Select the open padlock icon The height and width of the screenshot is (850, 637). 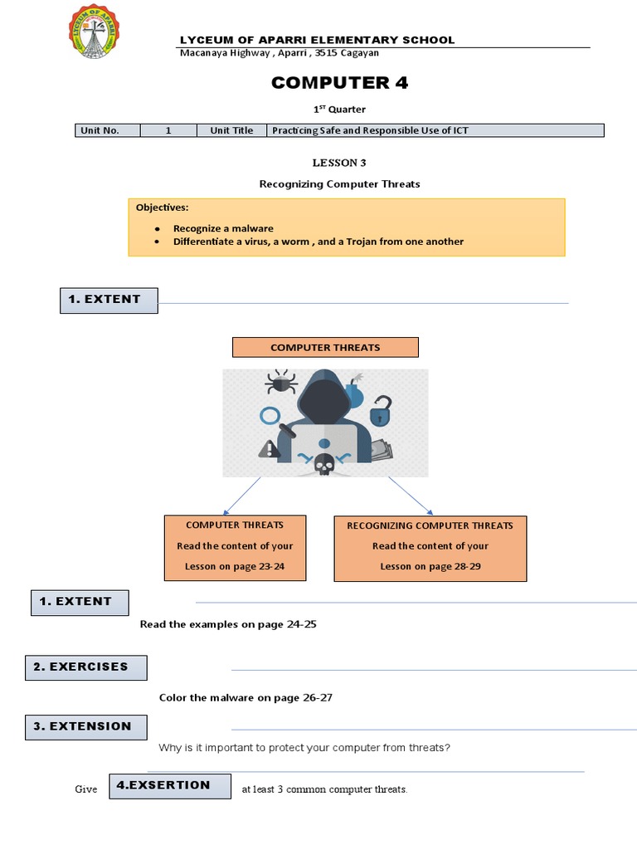coord(381,410)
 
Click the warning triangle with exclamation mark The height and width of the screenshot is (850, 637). coord(268,449)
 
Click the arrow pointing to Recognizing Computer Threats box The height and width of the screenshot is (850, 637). coord(410,496)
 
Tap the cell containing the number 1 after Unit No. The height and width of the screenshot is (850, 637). coord(168,130)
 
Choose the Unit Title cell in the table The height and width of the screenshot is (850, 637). coord(231,130)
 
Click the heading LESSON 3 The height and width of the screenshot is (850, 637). coord(338,163)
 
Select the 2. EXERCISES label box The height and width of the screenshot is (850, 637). coord(87,667)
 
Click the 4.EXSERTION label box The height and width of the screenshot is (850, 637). coord(170,785)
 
